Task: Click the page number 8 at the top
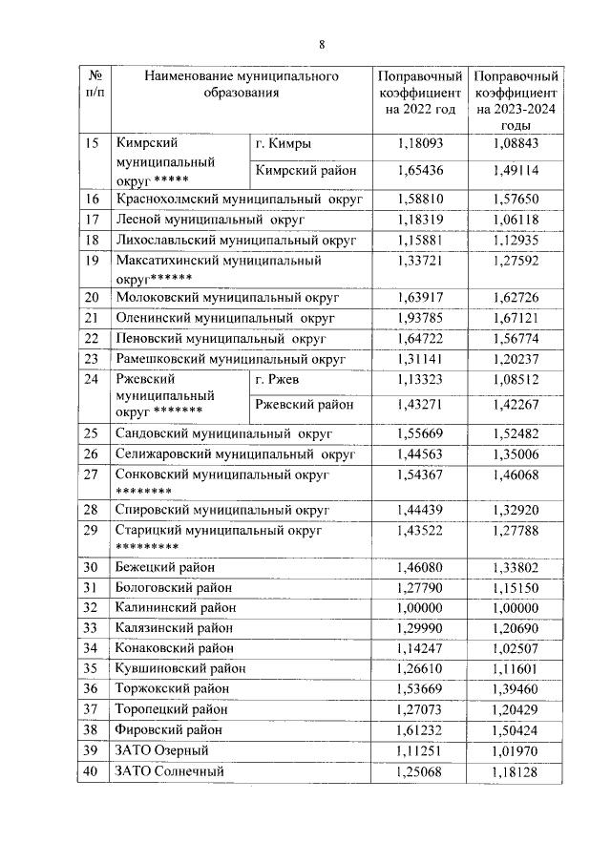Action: [x=322, y=44]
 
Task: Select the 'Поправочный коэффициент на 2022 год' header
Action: [x=421, y=93]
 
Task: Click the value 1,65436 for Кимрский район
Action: [x=421, y=171]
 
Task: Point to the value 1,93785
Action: [x=421, y=317]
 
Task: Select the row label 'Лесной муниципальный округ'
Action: [x=209, y=219]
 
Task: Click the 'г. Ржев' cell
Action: [x=278, y=379]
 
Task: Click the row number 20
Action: [x=93, y=297]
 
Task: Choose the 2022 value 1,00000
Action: [x=421, y=607]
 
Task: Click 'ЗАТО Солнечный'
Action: [x=169, y=771]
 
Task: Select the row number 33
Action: [x=93, y=628]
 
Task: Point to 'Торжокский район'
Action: [x=172, y=688]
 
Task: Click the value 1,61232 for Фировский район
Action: [x=421, y=730]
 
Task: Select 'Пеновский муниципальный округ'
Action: [x=221, y=338]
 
